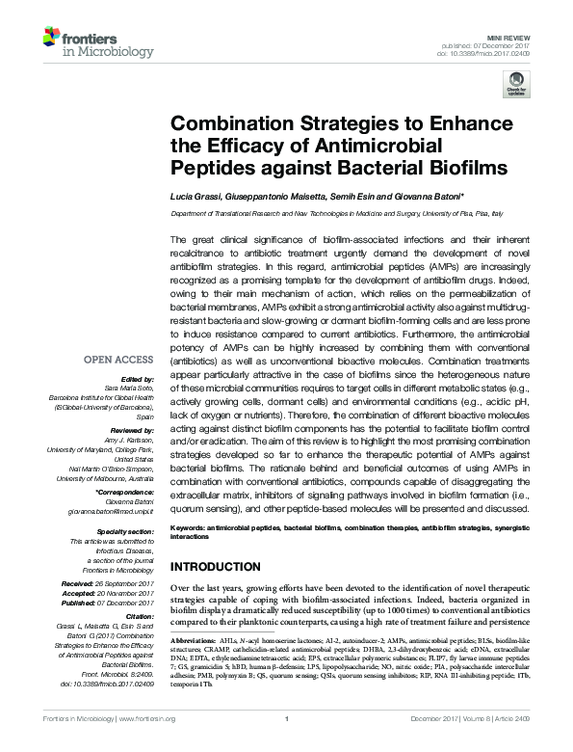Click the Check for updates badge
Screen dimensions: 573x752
pos(517,87)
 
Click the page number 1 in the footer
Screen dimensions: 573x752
pos(287,744)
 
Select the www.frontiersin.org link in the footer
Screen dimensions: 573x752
pos(146,744)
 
